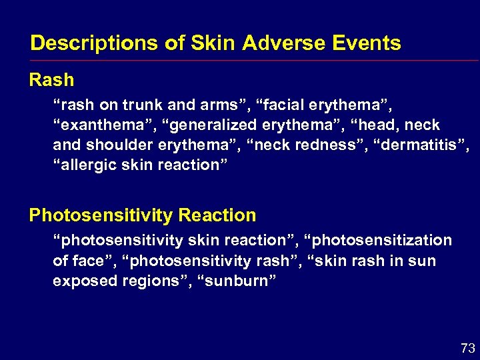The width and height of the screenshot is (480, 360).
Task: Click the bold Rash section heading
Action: coord(51,80)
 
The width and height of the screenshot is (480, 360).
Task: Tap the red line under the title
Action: coord(253,61)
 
